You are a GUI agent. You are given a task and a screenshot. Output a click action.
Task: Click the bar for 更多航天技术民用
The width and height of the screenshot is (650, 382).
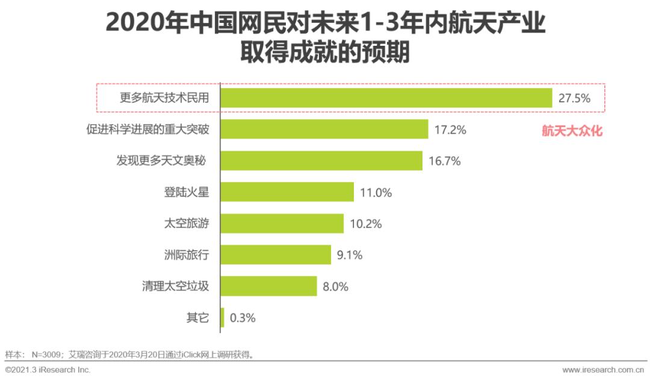click(x=386, y=98)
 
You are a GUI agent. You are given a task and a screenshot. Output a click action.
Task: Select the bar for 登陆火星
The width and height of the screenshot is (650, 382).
click(x=287, y=192)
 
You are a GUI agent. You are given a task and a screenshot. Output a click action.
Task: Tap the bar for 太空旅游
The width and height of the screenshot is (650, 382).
click(x=282, y=224)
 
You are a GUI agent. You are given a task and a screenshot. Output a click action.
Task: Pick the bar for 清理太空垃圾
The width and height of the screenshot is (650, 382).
click(x=268, y=286)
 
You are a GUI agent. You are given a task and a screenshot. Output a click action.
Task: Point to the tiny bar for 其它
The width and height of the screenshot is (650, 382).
click(x=223, y=318)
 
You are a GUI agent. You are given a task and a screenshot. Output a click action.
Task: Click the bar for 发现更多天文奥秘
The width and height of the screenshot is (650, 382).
click(x=321, y=161)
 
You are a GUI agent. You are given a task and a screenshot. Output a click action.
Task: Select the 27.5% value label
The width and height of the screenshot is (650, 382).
click(x=574, y=98)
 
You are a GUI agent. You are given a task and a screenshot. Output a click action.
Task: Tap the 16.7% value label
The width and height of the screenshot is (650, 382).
click(x=445, y=161)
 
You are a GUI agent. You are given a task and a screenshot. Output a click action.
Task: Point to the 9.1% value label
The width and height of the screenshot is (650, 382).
click(x=350, y=255)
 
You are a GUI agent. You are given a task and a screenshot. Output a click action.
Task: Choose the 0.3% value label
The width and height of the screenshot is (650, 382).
click(x=243, y=318)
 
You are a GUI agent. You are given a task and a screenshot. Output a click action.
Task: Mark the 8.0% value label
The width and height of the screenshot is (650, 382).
click(x=336, y=286)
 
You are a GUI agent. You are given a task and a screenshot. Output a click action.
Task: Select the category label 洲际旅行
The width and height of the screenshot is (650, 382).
click(x=187, y=255)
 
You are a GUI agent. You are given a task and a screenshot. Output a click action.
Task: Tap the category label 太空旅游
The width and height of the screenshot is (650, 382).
click(x=187, y=224)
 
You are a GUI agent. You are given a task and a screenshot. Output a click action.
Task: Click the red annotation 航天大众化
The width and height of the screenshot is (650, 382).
click(x=572, y=131)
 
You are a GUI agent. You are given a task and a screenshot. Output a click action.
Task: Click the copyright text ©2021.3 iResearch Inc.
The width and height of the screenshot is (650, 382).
click(x=48, y=369)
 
